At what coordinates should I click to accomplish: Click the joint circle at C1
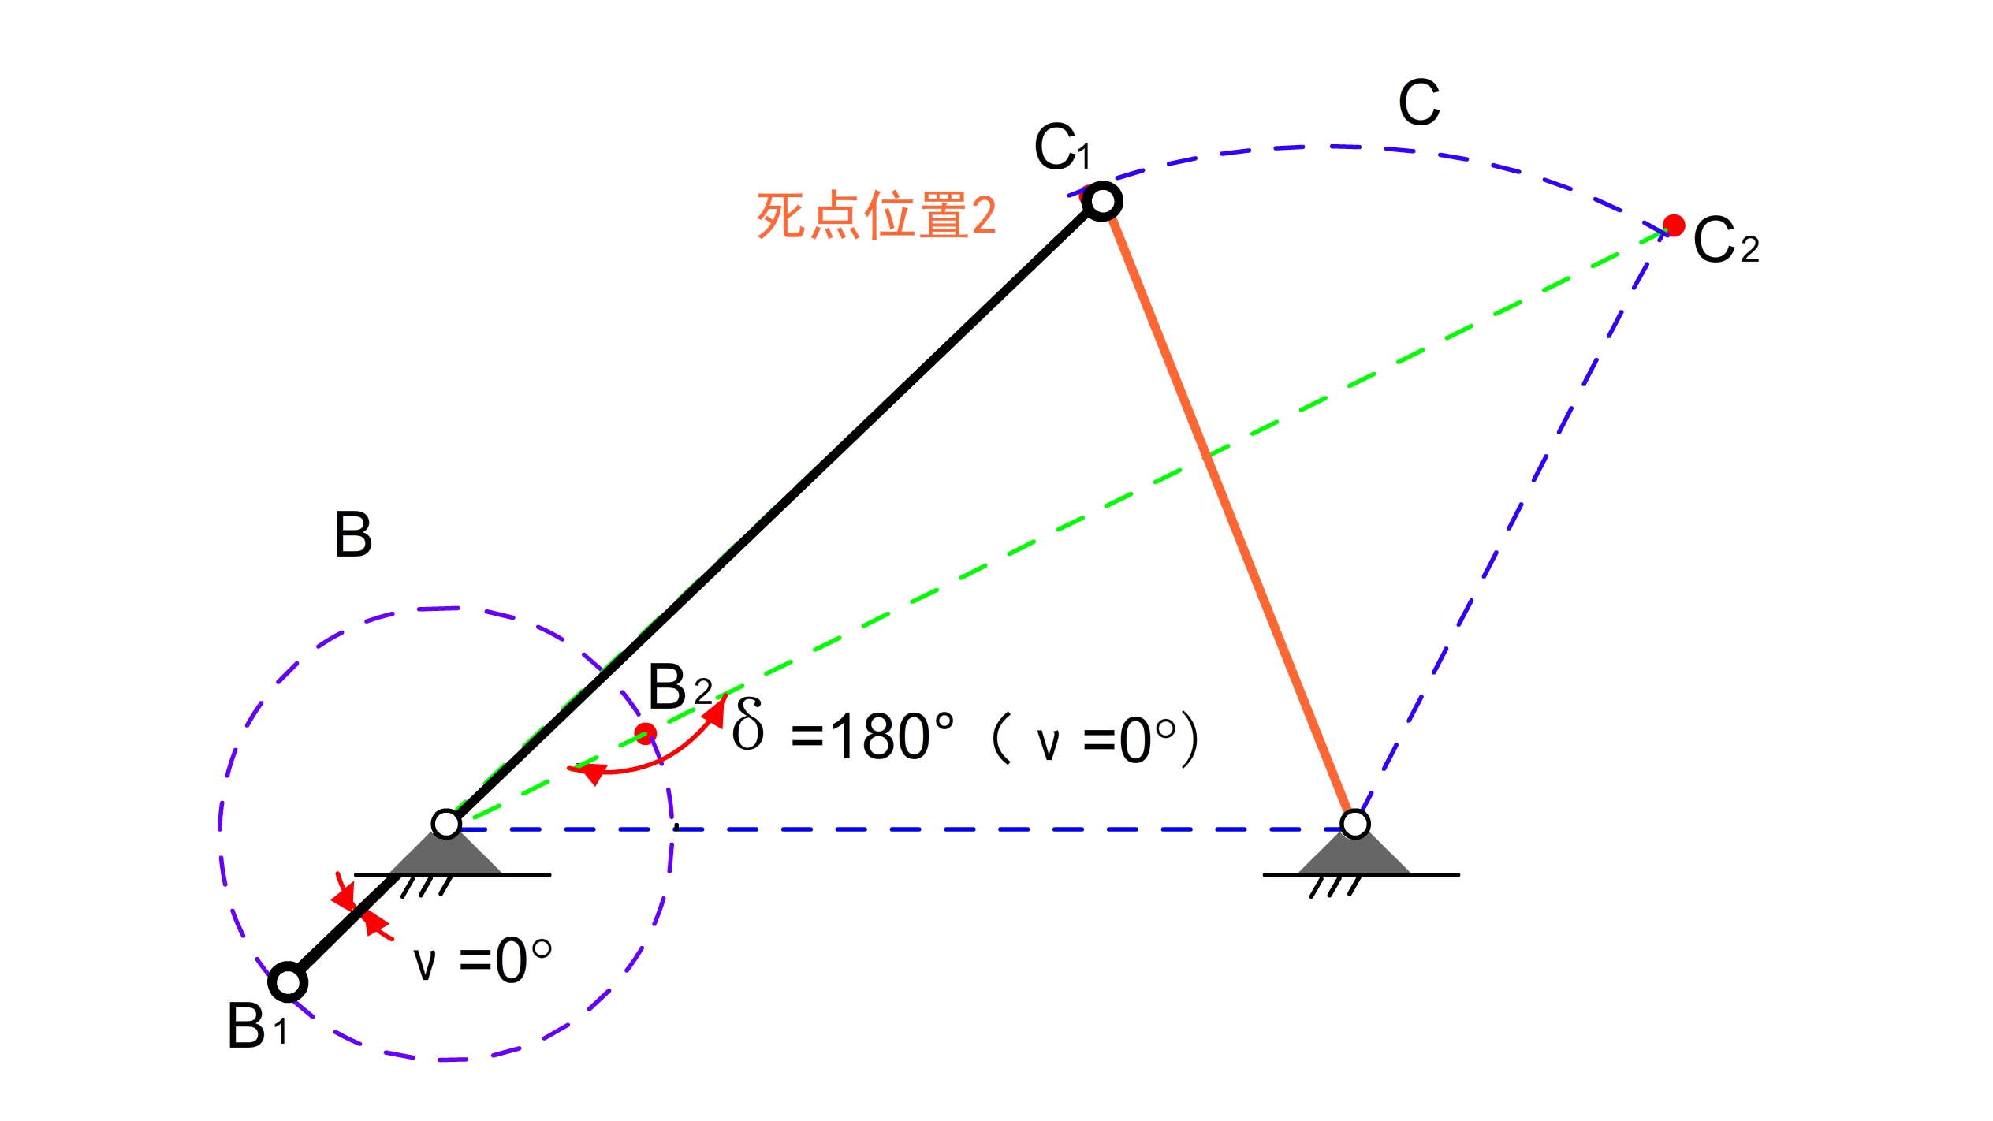click(x=1102, y=202)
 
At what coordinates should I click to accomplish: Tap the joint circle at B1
click(x=288, y=982)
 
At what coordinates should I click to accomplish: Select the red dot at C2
click(x=1674, y=225)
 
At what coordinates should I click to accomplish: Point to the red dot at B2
click(x=646, y=734)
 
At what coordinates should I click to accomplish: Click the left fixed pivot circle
click(x=446, y=824)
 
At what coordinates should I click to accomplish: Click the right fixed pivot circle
click(x=1354, y=824)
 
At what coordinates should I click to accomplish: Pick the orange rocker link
click(x=1230, y=512)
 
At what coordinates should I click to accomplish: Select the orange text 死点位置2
click(x=876, y=215)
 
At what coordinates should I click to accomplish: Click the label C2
click(x=1725, y=240)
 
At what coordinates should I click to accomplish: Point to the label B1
click(x=257, y=1026)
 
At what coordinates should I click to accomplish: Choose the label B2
click(x=679, y=687)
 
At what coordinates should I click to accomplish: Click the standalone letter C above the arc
click(x=1419, y=102)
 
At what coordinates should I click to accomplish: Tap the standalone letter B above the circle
click(x=353, y=535)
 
